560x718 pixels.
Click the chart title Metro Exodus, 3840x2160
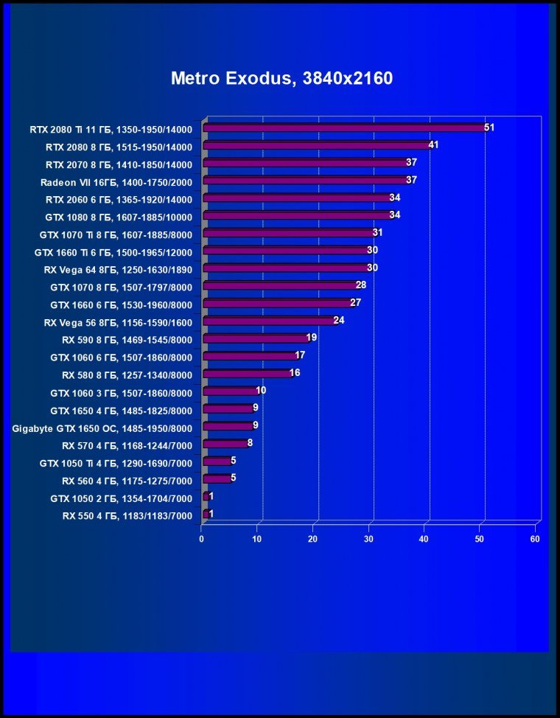[281, 78]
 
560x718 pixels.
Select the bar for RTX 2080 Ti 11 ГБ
[343, 128]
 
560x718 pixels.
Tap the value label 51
[489, 128]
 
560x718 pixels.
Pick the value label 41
[433, 145]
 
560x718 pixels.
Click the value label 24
[339, 321]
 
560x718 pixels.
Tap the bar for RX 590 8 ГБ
[255, 338]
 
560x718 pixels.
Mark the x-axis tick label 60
[535, 539]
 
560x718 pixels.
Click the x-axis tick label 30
[368, 539]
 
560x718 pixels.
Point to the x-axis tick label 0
[202, 539]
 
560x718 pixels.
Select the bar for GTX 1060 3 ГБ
[230, 391]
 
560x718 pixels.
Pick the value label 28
[361, 285]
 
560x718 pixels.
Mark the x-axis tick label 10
[257, 539]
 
